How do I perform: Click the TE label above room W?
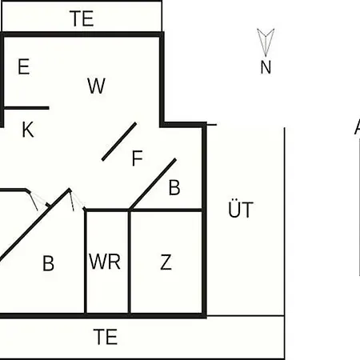[x=82, y=18]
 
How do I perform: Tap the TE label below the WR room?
[x=105, y=337]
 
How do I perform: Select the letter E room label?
[x=23, y=66]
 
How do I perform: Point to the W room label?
[x=96, y=86]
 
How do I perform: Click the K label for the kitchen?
[x=28, y=130]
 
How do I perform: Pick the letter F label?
[x=138, y=158]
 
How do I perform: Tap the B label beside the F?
[x=174, y=187]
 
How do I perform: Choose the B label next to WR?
[x=48, y=263]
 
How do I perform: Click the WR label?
[x=105, y=262]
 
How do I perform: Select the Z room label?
[x=166, y=262]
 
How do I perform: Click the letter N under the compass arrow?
[x=266, y=67]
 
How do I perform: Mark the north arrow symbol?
[x=266, y=42]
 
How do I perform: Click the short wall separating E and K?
[x=26, y=108]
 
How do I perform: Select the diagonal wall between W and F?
[x=119, y=142]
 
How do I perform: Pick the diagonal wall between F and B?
[x=153, y=184]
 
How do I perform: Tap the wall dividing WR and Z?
[x=130, y=262]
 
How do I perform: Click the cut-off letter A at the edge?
[x=358, y=126]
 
